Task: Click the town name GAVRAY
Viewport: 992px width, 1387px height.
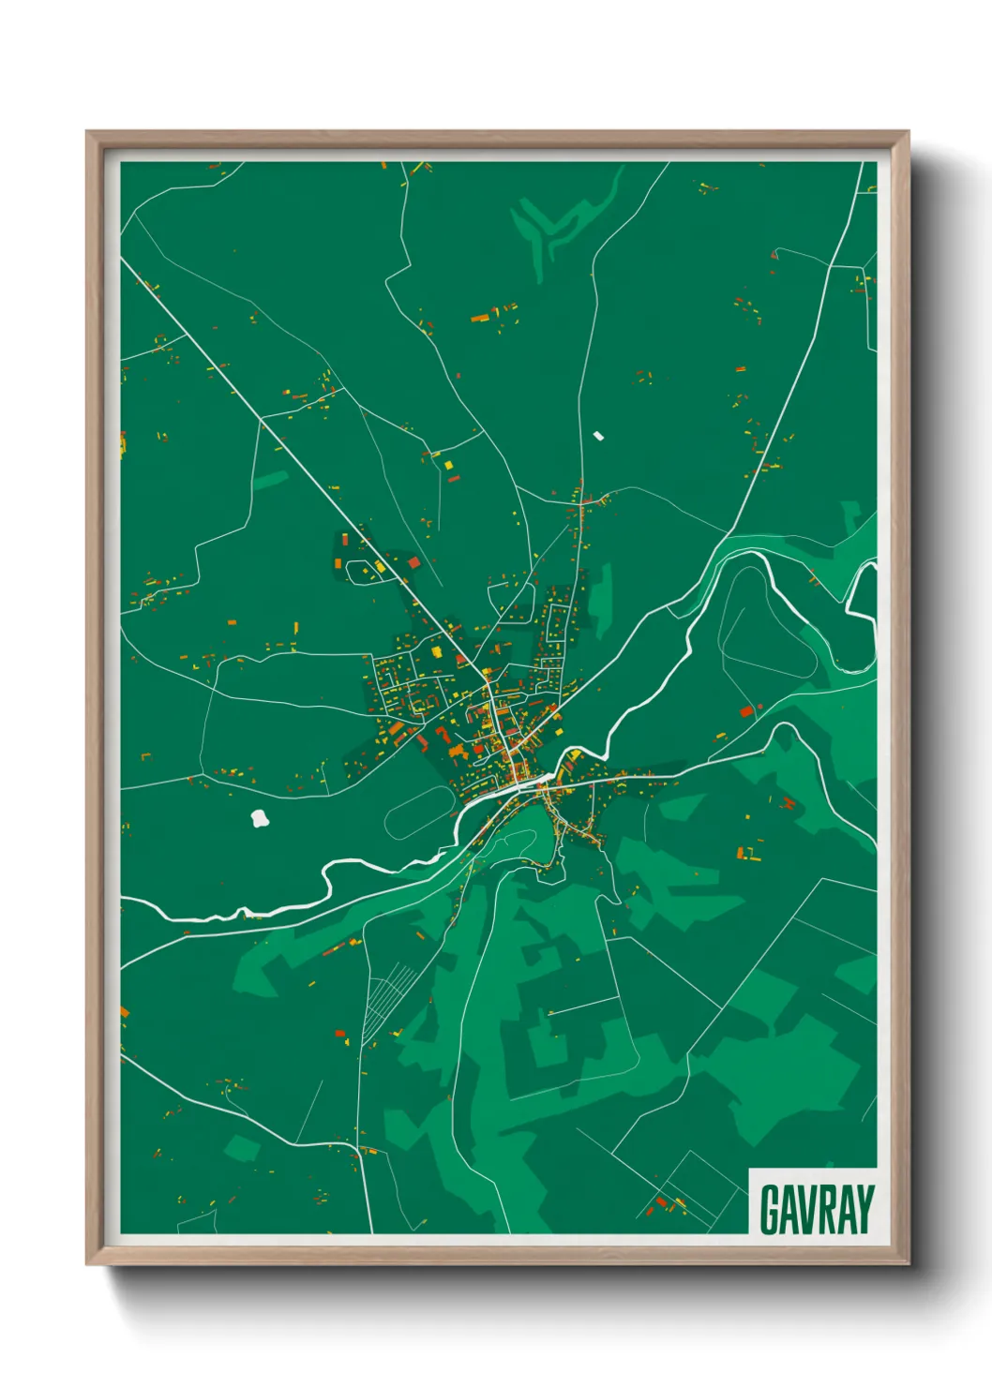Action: click(x=816, y=1208)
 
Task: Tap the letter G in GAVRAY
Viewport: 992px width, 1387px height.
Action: click(x=770, y=1209)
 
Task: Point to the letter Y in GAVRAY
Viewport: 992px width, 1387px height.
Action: click(x=864, y=1209)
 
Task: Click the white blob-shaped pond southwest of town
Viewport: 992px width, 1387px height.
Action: click(x=260, y=819)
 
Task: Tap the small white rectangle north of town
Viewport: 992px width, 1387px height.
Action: click(x=598, y=435)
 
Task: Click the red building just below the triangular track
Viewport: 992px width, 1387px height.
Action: click(x=746, y=711)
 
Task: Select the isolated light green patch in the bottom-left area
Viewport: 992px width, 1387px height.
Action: click(x=241, y=1147)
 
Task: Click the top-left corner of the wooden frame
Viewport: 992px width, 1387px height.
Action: click(x=87, y=132)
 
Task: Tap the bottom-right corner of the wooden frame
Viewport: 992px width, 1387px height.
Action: click(x=908, y=1263)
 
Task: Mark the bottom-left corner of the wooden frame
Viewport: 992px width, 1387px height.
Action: click(x=87, y=1263)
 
